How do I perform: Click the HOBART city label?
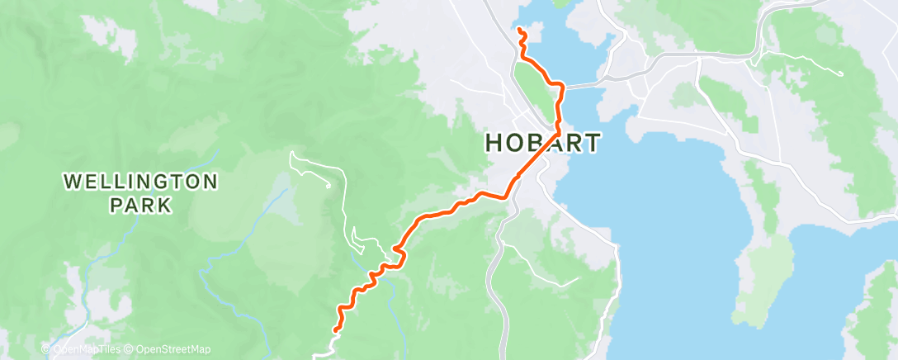click(x=542, y=143)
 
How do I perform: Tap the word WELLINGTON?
click(x=142, y=180)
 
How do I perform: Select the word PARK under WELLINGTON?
click(x=142, y=204)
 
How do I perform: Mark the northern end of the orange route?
click(x=520, y=31)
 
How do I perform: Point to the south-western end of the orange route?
click(x=334, y=330)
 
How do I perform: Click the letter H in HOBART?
click(x=494, y=143)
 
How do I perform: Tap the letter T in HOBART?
click(x=592, y=143)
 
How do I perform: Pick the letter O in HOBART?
click(x=513, y=143)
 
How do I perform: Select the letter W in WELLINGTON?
click(x=71, y=180)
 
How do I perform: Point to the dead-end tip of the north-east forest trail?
click(x=841, y=74)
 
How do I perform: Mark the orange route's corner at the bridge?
click(x=561, y=85)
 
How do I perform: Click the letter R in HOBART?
click(x=571, y=143)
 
